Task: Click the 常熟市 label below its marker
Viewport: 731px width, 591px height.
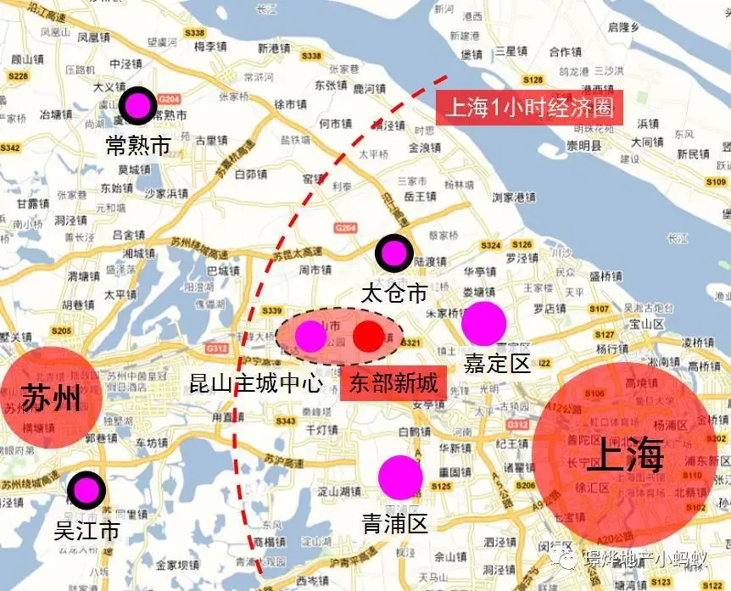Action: click(138, 145)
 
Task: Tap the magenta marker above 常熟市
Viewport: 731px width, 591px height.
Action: click(136, 106)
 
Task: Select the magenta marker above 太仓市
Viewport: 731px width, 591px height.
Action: click(394, 252)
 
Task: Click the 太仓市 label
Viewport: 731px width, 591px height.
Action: click(393, 293)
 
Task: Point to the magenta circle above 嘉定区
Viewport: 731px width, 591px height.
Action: click(483, 323)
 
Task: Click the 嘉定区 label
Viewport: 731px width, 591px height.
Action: click(497, 364)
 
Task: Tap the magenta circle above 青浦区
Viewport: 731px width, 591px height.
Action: click(400, 477)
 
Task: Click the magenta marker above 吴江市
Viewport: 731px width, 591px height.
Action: click(86, 490)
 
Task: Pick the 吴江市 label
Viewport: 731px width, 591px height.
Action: click(86, 532)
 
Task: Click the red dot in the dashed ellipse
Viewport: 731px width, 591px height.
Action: click(368, 337)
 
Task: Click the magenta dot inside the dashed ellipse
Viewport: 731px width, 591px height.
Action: click(310, 337)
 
